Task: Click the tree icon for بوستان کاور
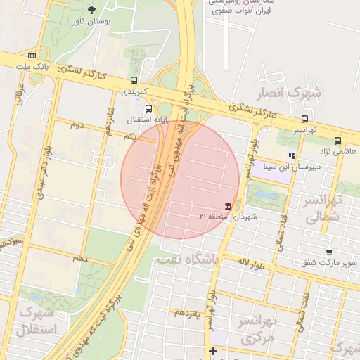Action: point(91,10)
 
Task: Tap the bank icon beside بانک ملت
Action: point(32,56)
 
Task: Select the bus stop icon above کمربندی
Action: point(134,80)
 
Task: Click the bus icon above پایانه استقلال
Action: point(148,108)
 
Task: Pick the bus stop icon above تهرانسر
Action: point(304,119)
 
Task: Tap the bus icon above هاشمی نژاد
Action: point(337,141)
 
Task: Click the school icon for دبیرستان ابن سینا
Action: point(292,155)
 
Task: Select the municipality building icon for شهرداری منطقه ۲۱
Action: point(229,206)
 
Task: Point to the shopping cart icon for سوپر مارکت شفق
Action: point(328,252)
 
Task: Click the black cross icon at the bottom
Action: point(212,351)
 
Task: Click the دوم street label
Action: point(77,125)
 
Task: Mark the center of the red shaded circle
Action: point(181,179)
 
